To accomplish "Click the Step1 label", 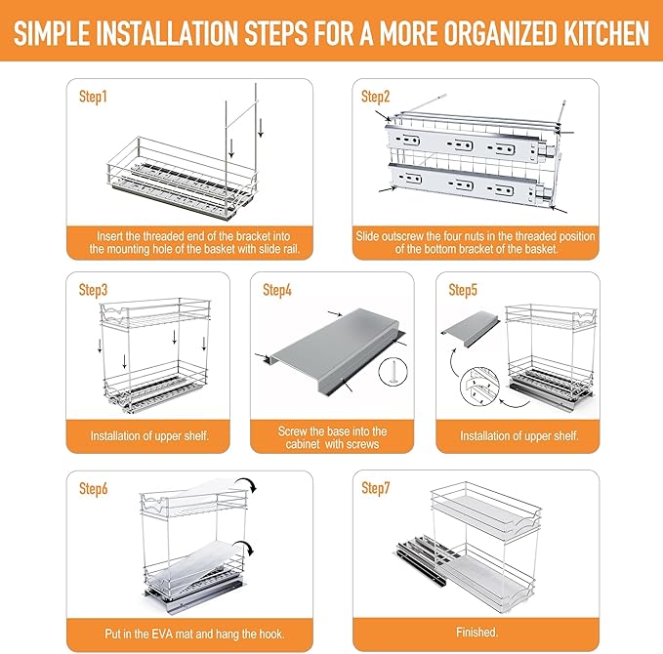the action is [x=93, y=97].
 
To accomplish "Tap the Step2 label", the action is [x=376, y=97].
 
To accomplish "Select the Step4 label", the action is [x=277, y=290].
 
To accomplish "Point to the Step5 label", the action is [x=463, y=290].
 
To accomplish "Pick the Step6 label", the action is [x=94, y=489].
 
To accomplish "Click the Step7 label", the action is [x=376, y=488].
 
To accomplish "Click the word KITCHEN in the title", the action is [x=606, y=33].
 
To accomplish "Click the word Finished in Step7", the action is [x=477, y=632].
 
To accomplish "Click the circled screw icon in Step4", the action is [x=394, y=372].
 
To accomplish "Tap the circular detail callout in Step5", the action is [x=479, y=387].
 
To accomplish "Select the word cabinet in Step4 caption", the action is [x=303, y=444].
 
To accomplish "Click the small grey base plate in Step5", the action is [x=471, y=329].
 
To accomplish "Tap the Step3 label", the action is [x=93, y=290].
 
